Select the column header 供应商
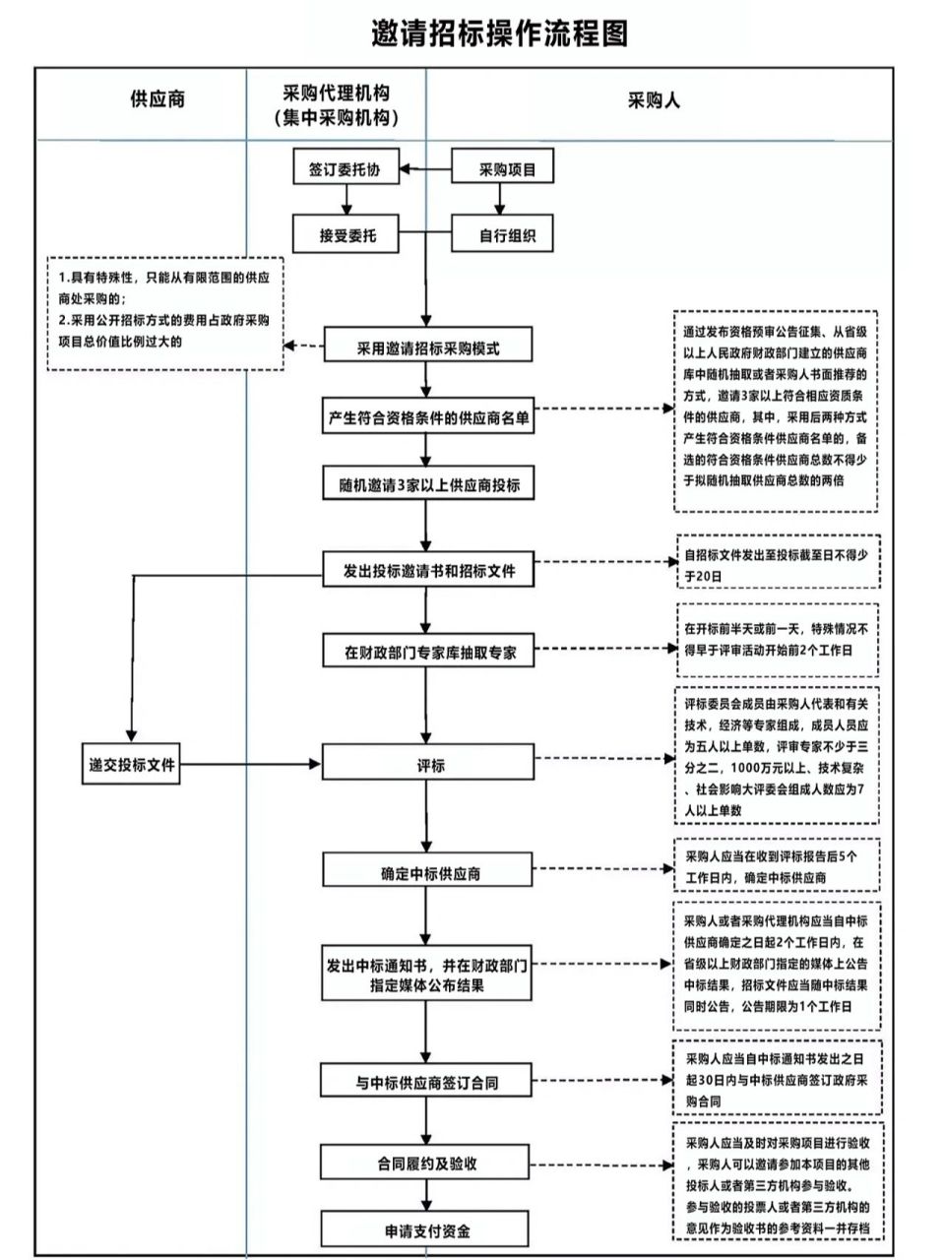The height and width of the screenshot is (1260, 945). click(x=157, y=99)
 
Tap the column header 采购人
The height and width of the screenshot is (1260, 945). click(x=654, y=99)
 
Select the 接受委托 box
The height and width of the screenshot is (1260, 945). click(x=346, y=235)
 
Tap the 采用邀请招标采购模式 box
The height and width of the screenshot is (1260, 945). click(x=427, y=347)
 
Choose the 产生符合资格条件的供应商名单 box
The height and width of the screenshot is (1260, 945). click(x=428, y=417)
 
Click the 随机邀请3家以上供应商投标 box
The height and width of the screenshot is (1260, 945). click(x=428, y=484)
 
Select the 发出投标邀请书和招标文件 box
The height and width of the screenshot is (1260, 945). click(x=428, y=571)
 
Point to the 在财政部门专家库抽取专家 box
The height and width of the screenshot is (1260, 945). click(x=428, y=652)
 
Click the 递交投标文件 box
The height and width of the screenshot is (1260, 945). click(x=130, y=765)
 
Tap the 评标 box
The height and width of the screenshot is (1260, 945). click(x=428, y=765)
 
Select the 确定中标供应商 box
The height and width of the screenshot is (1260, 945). click(x=428, y=873)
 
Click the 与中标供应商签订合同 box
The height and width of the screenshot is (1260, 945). click(x=428, y=1082)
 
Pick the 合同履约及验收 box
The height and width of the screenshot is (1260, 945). click(x=428, y=1163)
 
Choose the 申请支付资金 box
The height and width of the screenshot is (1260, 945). click(x=428, y=1230)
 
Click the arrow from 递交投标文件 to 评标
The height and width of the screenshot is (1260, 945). click(x=251, y=764)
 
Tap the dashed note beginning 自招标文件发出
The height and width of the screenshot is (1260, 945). click(x=777, y=564)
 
